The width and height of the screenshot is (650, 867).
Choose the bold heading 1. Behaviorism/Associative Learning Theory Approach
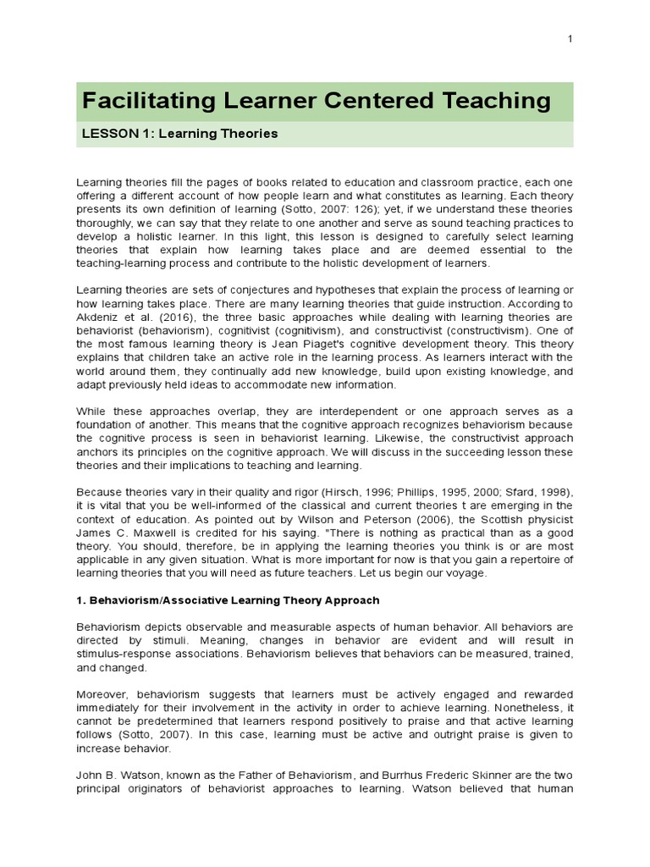(229, 600)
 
